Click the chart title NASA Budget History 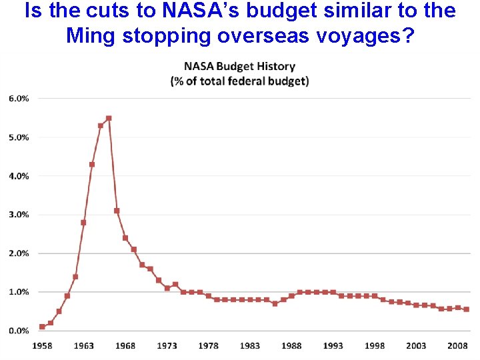[239, 67]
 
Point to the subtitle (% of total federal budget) [239, 81]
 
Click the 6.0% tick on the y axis [19, 98]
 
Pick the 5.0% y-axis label [19, 137]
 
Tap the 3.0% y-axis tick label [19, 215]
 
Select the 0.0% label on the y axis [19, 331]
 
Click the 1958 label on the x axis [42, 345]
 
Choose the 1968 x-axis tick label [125, 345]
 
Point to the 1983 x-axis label [250, 345]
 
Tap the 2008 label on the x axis [457, 345]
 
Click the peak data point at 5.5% [109, 118]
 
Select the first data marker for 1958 [42, 327]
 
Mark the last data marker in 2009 [466, 309]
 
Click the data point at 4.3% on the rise [92, 165]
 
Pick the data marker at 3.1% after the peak [117, 211]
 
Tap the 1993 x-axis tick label [333, 345]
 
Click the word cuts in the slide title [108, 11]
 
